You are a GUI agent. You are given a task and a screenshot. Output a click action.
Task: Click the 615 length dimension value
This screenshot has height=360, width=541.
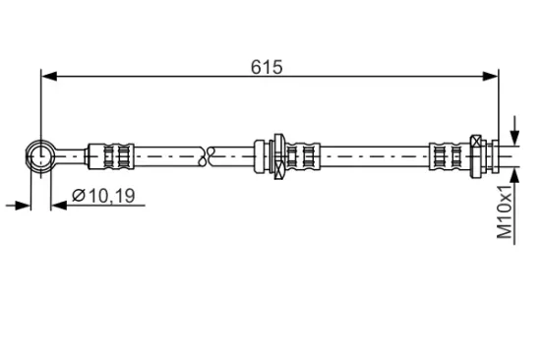[x=267, y=67]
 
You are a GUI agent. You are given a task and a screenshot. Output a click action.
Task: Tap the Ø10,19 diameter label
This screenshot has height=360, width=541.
[x=103, y=196]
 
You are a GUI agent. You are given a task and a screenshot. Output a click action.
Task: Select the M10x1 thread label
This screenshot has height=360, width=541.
[x=505, y=211]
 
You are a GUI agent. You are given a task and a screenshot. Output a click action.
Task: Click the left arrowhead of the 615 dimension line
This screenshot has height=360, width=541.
[x=49, y=77]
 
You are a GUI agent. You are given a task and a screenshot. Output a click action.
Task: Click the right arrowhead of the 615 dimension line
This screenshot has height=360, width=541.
[x=490, y=77]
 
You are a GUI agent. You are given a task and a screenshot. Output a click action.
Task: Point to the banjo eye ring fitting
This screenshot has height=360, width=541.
[x=41, y=156]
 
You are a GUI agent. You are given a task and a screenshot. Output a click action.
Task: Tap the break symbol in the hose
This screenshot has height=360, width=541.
[x=208, y=156]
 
